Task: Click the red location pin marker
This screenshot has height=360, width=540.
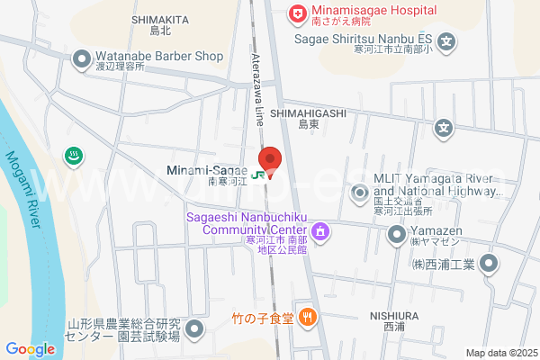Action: pos(270,159)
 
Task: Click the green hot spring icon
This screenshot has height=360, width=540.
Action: pos(73,156)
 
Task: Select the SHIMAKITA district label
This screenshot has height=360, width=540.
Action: pos(159,19)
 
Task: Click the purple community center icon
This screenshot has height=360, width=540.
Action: pos(321,236)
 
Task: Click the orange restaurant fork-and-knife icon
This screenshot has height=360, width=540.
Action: pos(308,316)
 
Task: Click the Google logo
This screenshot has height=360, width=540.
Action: pos(30,349)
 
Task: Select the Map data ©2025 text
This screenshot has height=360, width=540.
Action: pos(500,353)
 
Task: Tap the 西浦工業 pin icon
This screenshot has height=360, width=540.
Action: pos(488,264)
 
